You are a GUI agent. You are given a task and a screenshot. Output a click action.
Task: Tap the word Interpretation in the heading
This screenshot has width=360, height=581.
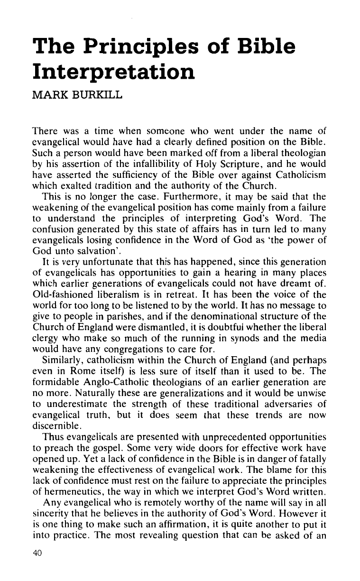click(112, 74)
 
